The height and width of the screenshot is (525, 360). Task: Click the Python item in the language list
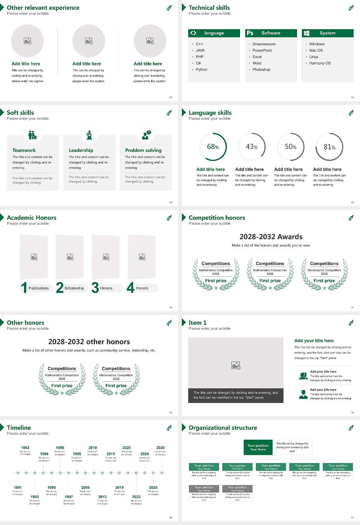[201, 70]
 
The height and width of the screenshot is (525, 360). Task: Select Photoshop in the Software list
[261, 70]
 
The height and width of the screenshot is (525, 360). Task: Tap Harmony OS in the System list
[320, 63]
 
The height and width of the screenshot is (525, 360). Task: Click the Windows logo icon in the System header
[306, 33]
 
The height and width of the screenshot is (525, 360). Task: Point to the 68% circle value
[213, 147]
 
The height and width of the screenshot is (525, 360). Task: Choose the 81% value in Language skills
[329, 147]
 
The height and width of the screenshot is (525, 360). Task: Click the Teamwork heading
[24, 150]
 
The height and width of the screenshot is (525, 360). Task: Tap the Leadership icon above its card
[89, 135]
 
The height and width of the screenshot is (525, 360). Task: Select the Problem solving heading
[143, 150]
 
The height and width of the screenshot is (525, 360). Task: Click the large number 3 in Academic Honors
[95, 288]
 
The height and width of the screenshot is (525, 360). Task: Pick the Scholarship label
[74, 288]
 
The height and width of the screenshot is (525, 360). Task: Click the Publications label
[39, 288]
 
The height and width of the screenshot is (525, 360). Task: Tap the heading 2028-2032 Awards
[271, 237]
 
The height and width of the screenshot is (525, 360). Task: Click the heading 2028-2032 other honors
[89, 342]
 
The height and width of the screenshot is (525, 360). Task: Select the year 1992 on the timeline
[25, 448]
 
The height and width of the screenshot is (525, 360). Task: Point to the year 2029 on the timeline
[160, 448]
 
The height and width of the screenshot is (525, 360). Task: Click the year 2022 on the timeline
[136, 496]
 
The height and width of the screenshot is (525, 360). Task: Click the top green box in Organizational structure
[258, 447]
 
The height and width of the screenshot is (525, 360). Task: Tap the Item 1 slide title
[197, 322]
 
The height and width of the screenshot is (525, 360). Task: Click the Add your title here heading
[314, 341]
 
